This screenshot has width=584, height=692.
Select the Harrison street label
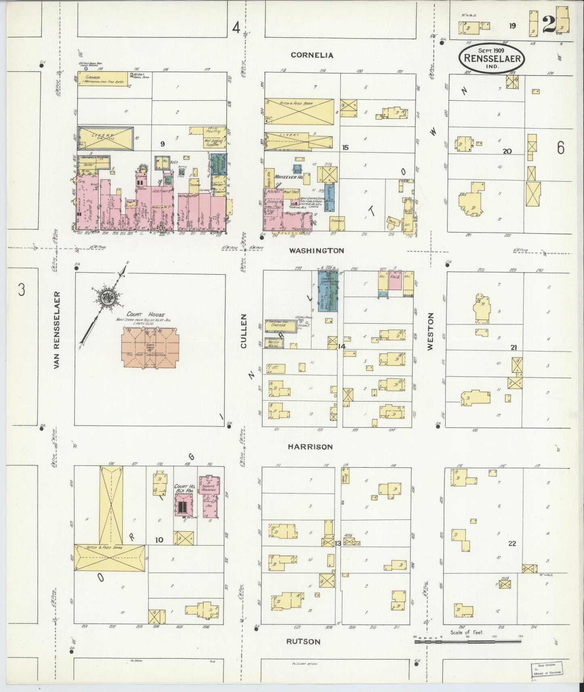(x=310, y=447)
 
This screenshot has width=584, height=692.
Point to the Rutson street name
(x=303, y=642)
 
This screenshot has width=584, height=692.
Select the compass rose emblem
(x=108, y=298)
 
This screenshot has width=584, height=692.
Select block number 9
(x=162, y=144)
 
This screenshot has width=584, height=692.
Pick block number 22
(x=512, y=543)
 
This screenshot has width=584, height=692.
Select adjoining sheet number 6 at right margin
(x=560, y=148)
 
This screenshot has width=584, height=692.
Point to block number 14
(x=342, y=346)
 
